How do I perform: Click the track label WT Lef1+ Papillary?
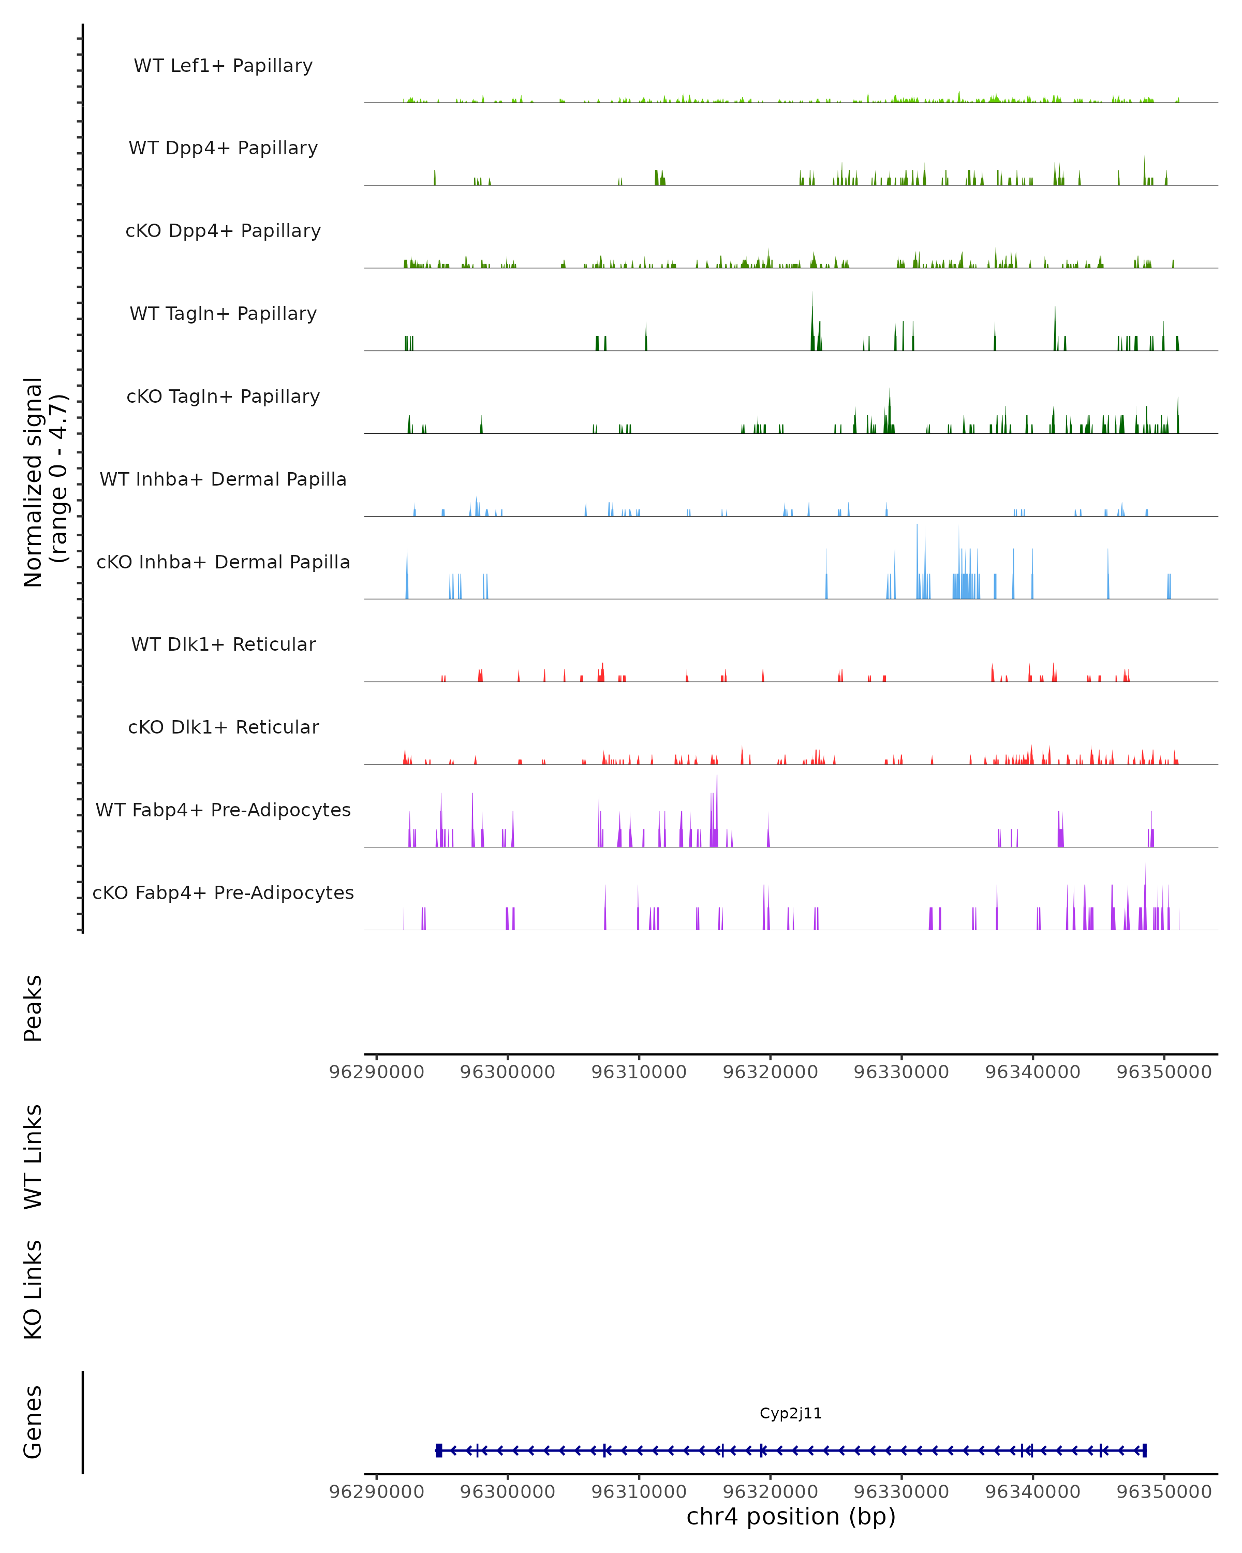(x=223, y=66)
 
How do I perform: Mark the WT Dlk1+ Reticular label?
(x=223, y=644)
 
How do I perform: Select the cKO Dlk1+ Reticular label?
(x=223, y=727)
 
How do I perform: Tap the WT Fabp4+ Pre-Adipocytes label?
(x=223, y=810)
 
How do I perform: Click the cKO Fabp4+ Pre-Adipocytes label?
(x=223, y=892)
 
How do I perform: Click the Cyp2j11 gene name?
(x=791, y=1413)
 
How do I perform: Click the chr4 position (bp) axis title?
(x=791, y=1516)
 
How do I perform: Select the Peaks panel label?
(x=33, y=1008)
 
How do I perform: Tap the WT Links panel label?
(x=33, y=1156)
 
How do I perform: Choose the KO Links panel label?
(x=33, y=1290)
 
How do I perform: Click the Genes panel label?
(x=33, y=1422)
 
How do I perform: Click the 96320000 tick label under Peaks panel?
(x=770, y=1072)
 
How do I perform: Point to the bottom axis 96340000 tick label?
(x=1032, y=1492)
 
